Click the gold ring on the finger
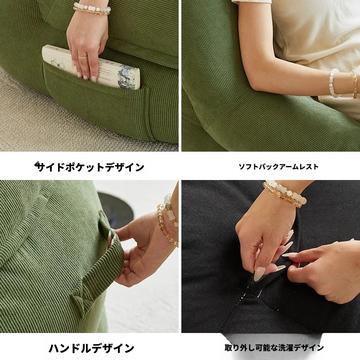click(82, 56)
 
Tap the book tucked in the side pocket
click(92, 67)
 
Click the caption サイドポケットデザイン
click(90, 167)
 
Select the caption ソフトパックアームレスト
click(279, 166)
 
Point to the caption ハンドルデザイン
click(91, 348)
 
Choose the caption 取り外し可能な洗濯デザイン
click(274, 347)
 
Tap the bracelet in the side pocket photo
click(92, 9)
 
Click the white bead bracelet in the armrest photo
click(333, 82)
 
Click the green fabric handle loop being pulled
click(108, 257)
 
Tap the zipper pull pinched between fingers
click(257, 274)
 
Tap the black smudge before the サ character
click(37, 164)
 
